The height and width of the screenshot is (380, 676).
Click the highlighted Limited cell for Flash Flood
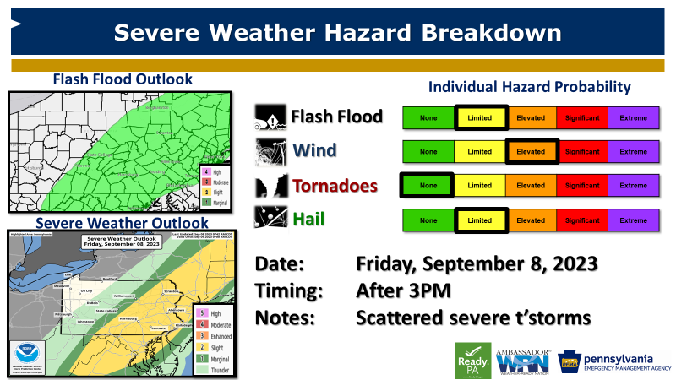tap(480, 118)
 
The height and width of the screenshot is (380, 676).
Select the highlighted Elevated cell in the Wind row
tap(531, 152)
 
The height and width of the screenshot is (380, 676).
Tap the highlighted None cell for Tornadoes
tap(428, 186)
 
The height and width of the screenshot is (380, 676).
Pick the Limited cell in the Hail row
tap(480, 220)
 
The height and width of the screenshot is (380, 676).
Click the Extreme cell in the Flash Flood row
tap(633, 118)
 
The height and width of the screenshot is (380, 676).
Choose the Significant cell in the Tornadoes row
tap(581, 186)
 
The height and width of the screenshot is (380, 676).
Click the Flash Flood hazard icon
tap(270, 117)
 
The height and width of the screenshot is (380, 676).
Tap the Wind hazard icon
tap(270, 151)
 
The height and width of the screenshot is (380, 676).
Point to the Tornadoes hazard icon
tap(270, 186)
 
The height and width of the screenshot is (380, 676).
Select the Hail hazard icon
tap(270, 220)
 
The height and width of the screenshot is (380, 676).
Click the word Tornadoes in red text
tap(335, 186)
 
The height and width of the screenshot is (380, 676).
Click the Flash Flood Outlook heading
tap(123, 79)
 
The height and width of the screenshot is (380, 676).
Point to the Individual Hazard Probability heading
tap(530, 87)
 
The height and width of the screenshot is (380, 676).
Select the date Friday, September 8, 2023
tap(477, 263)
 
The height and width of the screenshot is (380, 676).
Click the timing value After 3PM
tap(403, 291)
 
